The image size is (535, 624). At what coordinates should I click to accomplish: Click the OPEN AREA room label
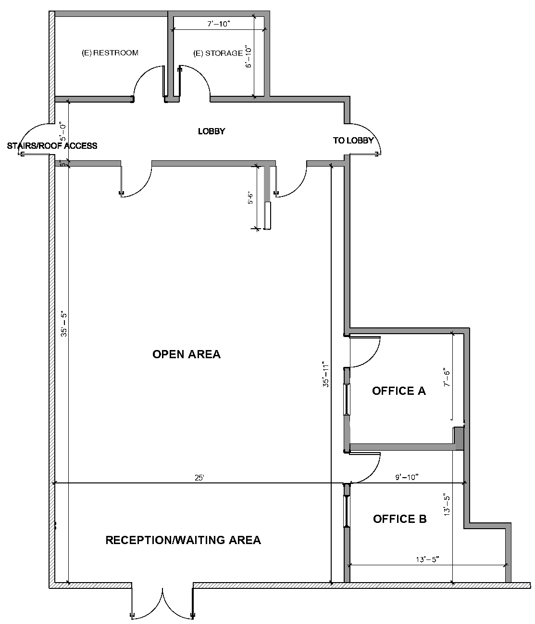(x=187, y=354)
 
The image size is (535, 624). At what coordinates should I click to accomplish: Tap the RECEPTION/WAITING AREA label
(x=183, y=540)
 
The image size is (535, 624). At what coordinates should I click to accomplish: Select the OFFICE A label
(x=399, y=390)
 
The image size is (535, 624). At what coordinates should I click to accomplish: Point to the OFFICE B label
(x=399, y=519)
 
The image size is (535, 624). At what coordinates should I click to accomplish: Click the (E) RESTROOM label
(x=110, y=53)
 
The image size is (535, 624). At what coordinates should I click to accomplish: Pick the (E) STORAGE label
(x=218, y=53)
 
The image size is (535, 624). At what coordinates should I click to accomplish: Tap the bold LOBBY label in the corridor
(x=212, y=131)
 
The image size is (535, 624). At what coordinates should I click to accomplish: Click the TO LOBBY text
(x=353, y=141)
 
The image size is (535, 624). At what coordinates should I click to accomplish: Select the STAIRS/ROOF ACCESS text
(x=52, y=146)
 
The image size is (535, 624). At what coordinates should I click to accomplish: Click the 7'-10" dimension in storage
(x=219, y=24)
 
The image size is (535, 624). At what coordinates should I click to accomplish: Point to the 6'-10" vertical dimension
(x=249, y=57)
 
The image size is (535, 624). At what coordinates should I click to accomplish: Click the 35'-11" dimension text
(x=326, y=374)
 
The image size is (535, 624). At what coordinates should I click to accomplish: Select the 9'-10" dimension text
(x=407, y=477)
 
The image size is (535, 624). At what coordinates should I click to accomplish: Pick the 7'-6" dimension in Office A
(x=447, y=377)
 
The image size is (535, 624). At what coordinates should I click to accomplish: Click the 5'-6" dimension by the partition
(x=250, y=197)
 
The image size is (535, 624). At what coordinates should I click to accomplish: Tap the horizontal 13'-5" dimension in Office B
(x=427, y=559)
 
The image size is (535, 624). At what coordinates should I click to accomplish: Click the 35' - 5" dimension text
(x=64, y=324)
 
